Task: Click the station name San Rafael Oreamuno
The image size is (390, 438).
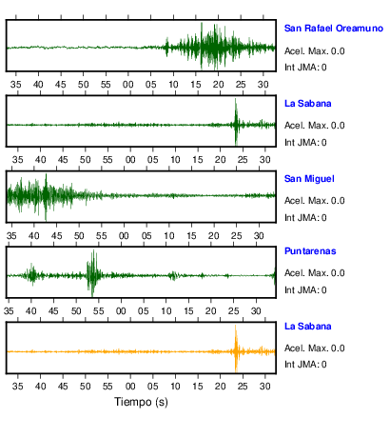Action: click(x=334, y=29)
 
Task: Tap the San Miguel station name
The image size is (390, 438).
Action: click(x=309, y=179)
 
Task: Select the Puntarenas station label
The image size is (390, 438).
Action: click(x=310, y=251)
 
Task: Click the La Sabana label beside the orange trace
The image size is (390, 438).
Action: click(x=307, y=327)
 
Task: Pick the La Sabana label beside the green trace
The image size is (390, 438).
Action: click(x=307, y=104)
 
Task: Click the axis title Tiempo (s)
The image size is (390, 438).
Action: click(x=141, y=402)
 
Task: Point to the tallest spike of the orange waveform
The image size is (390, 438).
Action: click(x=236, y=327)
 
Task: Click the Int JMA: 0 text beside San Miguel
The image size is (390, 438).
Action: click(x=305, y=218)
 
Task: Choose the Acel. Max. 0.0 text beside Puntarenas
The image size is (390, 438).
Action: click(x=314, y=273)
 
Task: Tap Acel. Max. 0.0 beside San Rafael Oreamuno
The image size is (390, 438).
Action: click(x=314, y=51)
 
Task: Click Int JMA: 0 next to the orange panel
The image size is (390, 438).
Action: click(x=305, y=364)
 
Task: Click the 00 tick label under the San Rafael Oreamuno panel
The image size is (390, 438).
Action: click(x=128, y=85)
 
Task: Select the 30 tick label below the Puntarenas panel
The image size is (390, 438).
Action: click(x=256, y=311)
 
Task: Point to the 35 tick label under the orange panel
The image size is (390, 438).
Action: click(x=17, y=387)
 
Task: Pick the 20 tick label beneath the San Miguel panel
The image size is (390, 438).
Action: click(x=213, y=236)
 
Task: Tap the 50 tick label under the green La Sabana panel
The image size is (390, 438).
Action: click(x=85, y=160)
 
